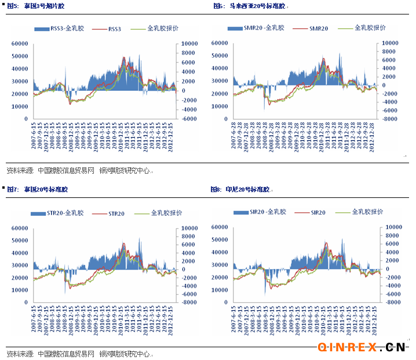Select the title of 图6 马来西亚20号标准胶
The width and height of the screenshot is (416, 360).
pos(250,5)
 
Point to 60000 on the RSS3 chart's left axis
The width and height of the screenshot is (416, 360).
pos(21,43)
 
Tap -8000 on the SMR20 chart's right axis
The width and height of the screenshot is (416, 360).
pos(389,119)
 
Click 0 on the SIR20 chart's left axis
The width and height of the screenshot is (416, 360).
pos(228,302)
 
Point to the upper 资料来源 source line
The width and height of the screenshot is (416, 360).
pos(78,171)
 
